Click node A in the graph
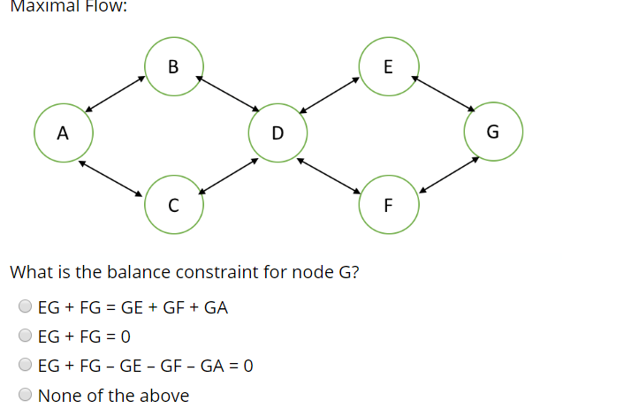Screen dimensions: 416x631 click(x=63, y=133)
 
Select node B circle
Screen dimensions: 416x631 click(x=173, y=66)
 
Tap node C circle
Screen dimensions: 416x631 click(x=173, y=206)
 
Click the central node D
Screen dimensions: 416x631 click(x=277, y=133)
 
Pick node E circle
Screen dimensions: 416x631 click(x=389, y=66)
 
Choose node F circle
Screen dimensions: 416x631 click(x=389, y=206)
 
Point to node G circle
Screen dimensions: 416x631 click(x=493, y=133)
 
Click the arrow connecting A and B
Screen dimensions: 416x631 click(x=115, y=95)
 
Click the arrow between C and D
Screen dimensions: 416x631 click(x=228, y=175)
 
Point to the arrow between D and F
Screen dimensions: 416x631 click(x=329, y=175)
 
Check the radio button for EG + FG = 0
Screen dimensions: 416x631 click(x=26, y=337)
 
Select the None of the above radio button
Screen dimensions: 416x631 click(x=26, y=395)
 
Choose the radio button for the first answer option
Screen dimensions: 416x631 click(x=26, y=307)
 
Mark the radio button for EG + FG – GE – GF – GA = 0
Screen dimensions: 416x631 click(x=26, y=366)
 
